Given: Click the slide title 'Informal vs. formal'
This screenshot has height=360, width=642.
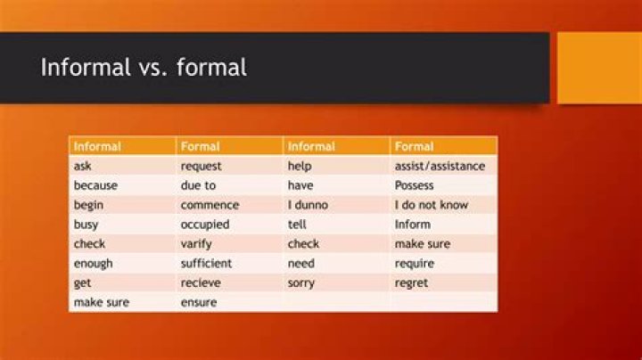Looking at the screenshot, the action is pos(144,67).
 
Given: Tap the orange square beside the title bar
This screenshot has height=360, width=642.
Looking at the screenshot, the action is pos(599,68).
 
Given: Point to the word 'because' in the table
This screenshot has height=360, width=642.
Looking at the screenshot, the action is pos(95,185).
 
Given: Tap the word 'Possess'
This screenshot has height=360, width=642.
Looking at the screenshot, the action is pos(414,185).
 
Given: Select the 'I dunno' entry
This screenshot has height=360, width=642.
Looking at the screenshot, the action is pos(308,205).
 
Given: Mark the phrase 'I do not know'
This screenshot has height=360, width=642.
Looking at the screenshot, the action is pos(432,205).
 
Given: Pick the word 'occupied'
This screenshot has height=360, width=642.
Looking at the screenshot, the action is pos(205,225).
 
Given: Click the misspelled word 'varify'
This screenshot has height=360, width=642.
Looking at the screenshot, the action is pos(196,244).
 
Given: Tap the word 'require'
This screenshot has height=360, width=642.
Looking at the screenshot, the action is pos(415,264).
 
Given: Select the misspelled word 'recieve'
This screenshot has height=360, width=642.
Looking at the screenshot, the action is pos(201,282).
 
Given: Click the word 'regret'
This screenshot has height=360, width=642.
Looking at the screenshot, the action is pos(411,283).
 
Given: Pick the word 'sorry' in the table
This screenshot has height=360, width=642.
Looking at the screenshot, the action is pos(301,283).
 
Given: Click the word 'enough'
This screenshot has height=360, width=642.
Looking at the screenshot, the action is pos(93,264).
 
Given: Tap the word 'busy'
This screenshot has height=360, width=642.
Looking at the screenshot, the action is pos(86,225).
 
